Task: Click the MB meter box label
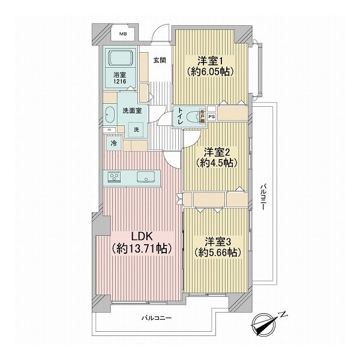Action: [122, 34]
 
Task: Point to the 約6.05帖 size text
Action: [209, 71]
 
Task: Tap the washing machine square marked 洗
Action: [136, 130]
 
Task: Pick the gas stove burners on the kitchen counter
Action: [113, 176]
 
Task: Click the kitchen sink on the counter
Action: [146, 176]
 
